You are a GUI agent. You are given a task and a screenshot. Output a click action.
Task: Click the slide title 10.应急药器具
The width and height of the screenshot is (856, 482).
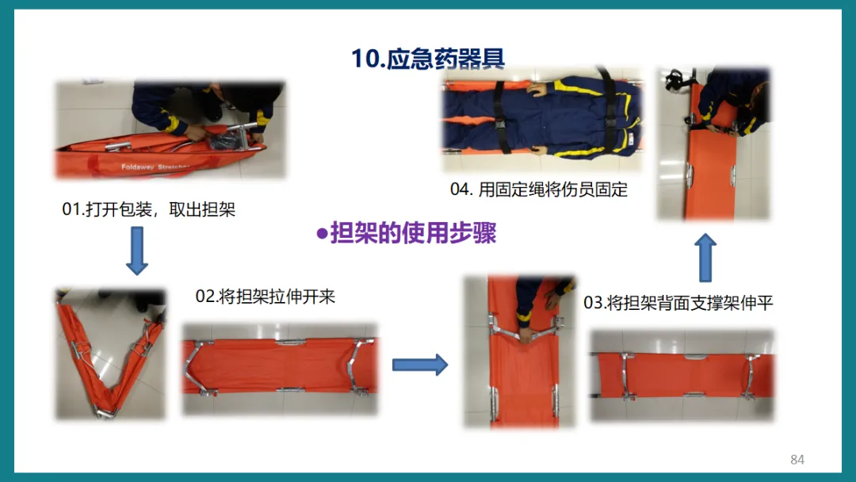coord(428,59)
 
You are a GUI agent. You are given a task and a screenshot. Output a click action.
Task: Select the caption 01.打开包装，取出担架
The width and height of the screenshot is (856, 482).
coord(148,209)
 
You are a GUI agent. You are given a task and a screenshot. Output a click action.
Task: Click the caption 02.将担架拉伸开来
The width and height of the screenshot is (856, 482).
coord(266,297)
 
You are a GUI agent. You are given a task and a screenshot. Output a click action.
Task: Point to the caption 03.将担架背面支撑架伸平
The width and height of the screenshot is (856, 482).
coord(678,303)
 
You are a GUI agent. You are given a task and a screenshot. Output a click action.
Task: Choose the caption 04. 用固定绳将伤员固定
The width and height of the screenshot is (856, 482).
coord(539,190)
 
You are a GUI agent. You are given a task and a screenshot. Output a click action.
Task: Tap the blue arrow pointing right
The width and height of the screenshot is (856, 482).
coord(420,365)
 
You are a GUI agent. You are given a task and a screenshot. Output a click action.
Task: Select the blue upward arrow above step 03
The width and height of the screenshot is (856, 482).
coord(705,258)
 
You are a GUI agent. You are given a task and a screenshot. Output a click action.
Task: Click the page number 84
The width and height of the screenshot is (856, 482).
coord(797,460)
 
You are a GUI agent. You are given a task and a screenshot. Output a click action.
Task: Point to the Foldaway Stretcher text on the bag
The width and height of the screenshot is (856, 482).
coord(155,167)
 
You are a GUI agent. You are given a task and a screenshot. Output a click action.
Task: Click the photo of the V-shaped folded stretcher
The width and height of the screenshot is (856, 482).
coord(110,354)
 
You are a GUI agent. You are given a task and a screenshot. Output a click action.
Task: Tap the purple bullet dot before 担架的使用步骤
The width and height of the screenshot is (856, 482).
coord(322,234)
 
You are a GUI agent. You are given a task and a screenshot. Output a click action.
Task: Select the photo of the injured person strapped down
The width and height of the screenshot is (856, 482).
coord(542,118)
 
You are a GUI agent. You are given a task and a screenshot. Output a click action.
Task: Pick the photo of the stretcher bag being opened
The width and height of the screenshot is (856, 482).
coord(170,129)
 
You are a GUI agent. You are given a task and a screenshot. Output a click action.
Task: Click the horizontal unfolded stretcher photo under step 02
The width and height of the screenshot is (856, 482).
coord(280,369)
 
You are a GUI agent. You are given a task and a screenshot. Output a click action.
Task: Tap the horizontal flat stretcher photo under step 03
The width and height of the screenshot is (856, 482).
coord(682,376)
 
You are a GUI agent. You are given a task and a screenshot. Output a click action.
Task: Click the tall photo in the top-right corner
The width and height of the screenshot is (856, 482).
coord(713,143)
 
